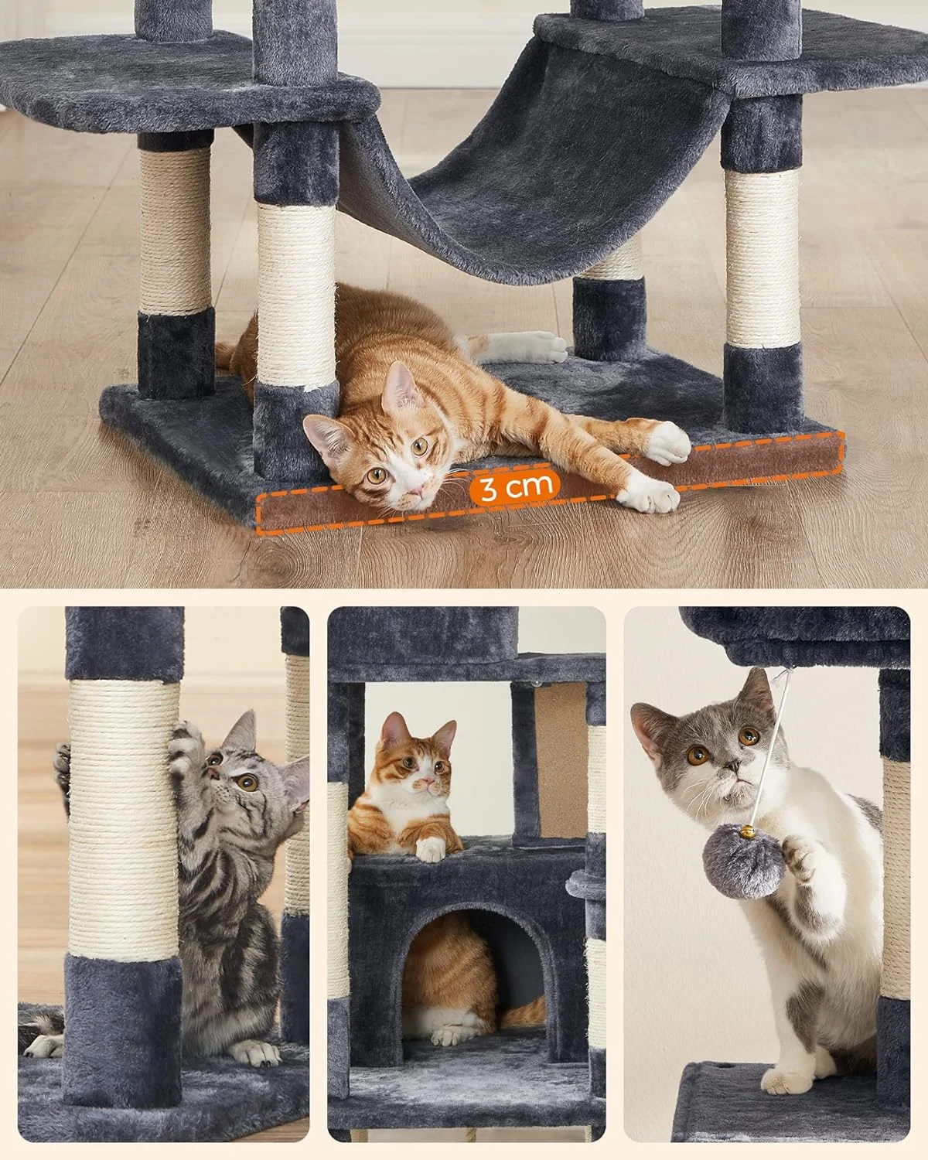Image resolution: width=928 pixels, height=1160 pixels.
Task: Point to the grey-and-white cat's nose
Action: click(732, 766)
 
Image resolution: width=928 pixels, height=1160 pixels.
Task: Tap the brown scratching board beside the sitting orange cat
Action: click(561, 761)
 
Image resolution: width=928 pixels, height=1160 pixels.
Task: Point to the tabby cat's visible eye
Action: click(247, 783)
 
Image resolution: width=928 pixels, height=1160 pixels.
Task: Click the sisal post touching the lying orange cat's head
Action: click(296, 295)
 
